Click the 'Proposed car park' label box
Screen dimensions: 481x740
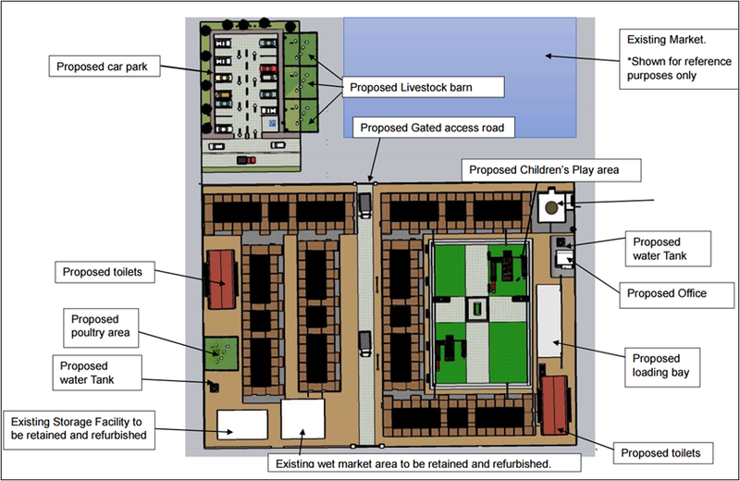(105, 67)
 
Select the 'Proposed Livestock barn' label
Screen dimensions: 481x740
(425, 88)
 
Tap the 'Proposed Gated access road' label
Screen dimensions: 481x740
(431, 128)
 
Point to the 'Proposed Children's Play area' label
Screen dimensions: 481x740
(543, 170)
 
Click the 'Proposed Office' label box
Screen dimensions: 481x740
(666, 293)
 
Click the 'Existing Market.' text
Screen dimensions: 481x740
(666, 40)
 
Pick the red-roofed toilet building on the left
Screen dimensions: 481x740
(222, 279)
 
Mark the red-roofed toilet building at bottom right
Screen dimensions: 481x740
(555, 403)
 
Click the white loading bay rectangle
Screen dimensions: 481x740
(549, 319)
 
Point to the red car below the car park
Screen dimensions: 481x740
(246, 160)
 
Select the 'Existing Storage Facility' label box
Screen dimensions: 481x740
(80, 427)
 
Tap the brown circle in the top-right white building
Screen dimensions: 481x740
(552, 208)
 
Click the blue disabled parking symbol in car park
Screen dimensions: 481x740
(272, 120)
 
